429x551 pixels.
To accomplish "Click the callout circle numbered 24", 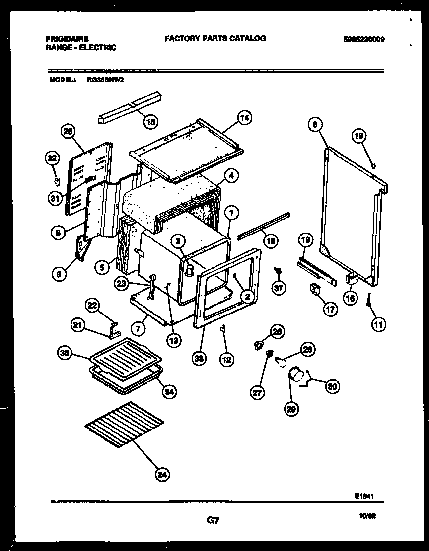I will click(x=161, y=474).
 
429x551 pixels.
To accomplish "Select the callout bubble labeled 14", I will click(x=244, y=118).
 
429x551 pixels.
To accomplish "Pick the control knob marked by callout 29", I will click(x=297, y=373).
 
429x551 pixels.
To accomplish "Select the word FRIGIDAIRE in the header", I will click(x=67, y=38).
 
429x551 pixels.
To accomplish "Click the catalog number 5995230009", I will click(x=364, y=39).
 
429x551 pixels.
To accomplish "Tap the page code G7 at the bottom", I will click(x=213, y=520).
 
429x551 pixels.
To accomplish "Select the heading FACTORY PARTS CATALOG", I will click(x=215, y=38).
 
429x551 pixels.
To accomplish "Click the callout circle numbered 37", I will click(x=280, y=288).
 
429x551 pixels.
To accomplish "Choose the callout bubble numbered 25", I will click(x=68, y=132).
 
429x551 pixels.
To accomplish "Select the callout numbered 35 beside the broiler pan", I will click(x=64, y=354).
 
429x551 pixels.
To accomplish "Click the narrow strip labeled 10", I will click(x=263, y=225).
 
